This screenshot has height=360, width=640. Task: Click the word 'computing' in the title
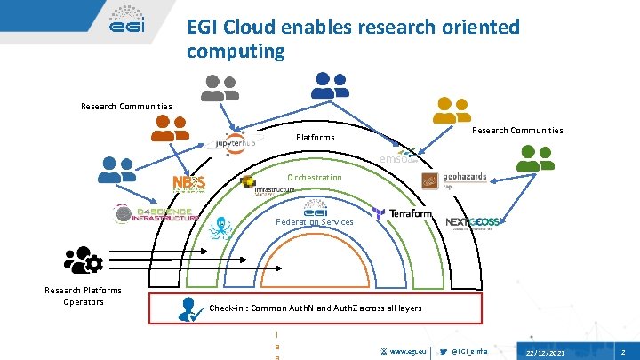236,52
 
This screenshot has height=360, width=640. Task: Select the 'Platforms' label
315,138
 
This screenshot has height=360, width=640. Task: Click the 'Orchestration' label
314,178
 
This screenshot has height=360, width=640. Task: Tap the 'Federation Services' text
315,221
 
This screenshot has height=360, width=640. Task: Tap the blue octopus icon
219,229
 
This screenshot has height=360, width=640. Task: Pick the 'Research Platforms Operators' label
84,296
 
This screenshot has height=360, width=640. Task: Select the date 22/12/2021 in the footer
545,354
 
